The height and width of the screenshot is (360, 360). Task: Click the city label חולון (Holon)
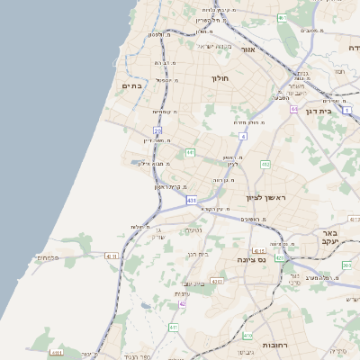tap(221, 79)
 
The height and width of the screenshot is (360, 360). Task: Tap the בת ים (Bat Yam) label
tap(132, 85)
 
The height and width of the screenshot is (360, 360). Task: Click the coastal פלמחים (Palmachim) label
tap(47, 257)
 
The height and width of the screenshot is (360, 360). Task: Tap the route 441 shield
tap(191, 153)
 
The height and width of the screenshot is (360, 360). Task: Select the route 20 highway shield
tap(157, 130)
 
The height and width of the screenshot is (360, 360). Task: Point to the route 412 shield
tap(265, 165)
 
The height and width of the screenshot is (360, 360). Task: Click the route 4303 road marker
tap(217, 282)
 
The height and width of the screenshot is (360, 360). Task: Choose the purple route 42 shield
tap(183, 304)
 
